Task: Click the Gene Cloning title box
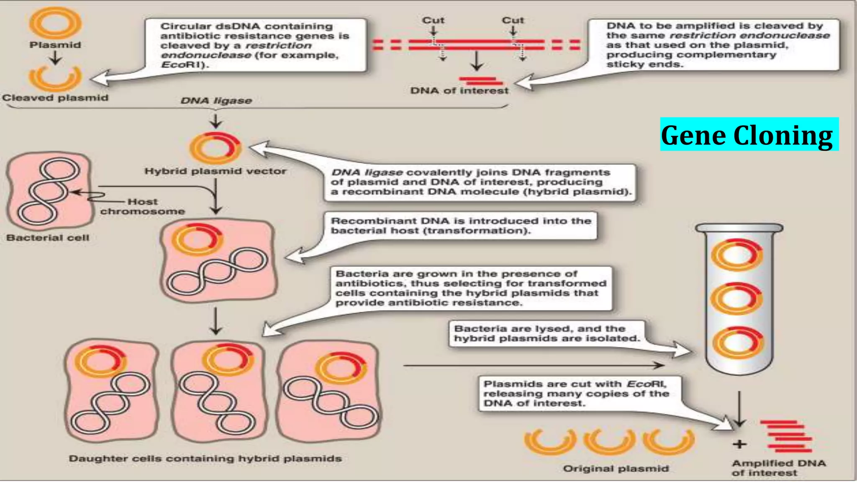pyautogui.click(x=749, y=135)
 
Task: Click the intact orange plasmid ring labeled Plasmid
pyautogui.click(x=55, y=23)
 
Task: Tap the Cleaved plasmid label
pyautogui.click(x=55, y=98)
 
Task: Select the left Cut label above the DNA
pyautogui.click(x=433, y=21)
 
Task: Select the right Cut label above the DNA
pyautogui.click(x=513, y=21)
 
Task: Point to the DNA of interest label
pyautogui.click(x=459, y=91)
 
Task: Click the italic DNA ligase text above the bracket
pyautogui.click(x=216, y=101)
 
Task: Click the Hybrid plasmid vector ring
pyautogui.click(x=215, y=149)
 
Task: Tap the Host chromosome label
pyautogui.click(x=142, y=207)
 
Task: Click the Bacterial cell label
pyautogui.click(x=48, y=238)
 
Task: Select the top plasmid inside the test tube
pyautogui.click(x=737, y=254)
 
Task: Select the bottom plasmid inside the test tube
pyautogui.click(x=737, y=343)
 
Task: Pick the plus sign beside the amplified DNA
pyautogui.click(x=739, y=444)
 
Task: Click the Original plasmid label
pyautogui.click(x=616, y=469)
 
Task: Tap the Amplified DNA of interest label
pyautogui.click(x=778, y=468)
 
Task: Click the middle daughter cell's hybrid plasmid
pyautogui.click(x=228, y=359)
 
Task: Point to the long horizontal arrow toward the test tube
pyautogui.click(x=534, y=366)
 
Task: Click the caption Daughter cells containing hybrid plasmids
pyautogui.click(x=205, y=459)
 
